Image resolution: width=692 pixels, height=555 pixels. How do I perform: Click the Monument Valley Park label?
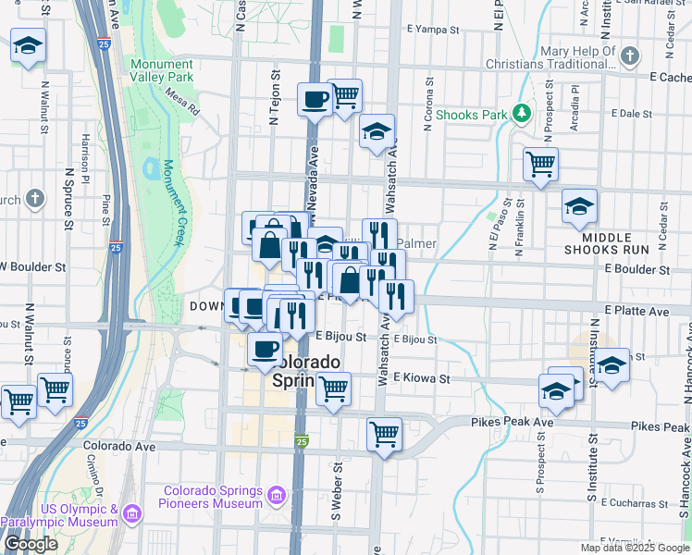point(162,70)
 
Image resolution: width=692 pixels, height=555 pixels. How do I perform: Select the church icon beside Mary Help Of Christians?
point(630,56)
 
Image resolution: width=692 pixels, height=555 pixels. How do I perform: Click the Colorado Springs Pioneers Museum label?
point(213,497)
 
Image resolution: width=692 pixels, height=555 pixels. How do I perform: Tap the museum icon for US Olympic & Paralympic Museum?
point(132,512)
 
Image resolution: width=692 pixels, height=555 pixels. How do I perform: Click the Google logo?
point(31,544)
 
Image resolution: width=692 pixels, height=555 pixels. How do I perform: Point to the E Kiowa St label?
point(421,378)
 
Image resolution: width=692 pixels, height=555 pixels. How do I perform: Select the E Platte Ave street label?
point(636,312)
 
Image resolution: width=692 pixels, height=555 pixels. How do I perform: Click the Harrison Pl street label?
point(85,155)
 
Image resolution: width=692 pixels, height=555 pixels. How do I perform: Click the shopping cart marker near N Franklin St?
point(540,165)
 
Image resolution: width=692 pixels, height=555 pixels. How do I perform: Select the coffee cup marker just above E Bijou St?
point(266,349)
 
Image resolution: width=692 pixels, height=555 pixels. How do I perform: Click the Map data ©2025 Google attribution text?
point(635,548)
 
